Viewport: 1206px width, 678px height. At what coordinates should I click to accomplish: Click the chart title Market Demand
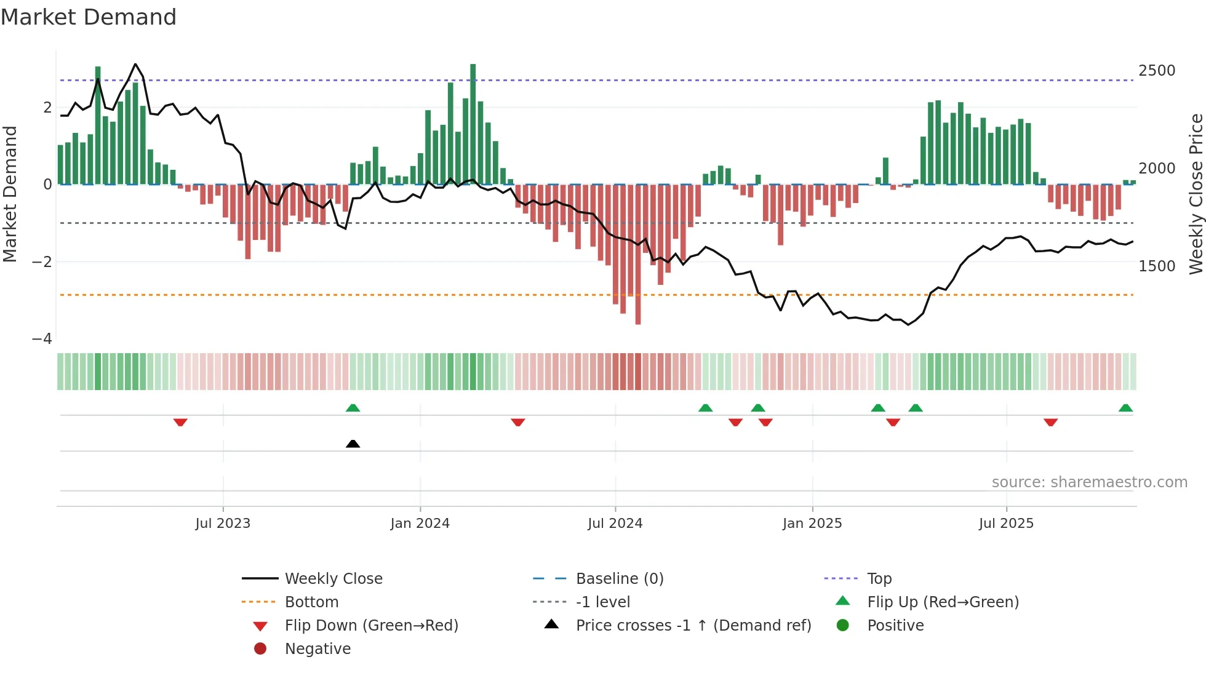pyautogui.click(x=89, y=17)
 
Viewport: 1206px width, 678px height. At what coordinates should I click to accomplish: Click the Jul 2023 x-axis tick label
pyautogui.click(x=223, y=524)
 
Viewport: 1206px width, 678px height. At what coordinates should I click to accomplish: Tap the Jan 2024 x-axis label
pyautogui.click(x=420, y=524)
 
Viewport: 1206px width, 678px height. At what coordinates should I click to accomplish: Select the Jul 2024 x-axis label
pyautogui.click(x=615, y=524)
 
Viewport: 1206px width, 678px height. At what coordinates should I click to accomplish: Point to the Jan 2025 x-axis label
pyautogui.click(x=812, y=524)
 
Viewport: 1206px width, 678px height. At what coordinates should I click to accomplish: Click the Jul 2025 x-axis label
pyautogui.click(x=1006, y=524)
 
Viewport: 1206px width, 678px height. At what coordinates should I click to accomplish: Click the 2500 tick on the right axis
pyautogui.click(x=1157, y=71)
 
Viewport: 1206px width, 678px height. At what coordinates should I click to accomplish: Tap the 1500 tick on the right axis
pyautogui.click(x=1157, y=266)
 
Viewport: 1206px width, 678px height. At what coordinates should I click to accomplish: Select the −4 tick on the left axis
pyautogui.click(x=42, y=339)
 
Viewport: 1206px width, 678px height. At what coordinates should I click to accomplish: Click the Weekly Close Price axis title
pyautogui.click(x=1196, y=194)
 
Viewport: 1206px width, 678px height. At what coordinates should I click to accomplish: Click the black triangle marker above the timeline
pyautogui.click(x=353, y=444)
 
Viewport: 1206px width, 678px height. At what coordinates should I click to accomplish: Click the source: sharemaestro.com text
pyautogui.click(x=1089, y=482)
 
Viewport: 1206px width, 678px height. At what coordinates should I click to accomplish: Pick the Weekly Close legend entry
pyautogui.click(x=333, y=579)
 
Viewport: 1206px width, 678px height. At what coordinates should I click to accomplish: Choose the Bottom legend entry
pyautogui.click(x=311, y=602)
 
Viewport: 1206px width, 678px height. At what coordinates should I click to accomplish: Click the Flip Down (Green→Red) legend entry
pyautogui.click(x=371, y=626)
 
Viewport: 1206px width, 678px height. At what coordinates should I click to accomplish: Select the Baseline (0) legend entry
pyautogui.click(x=619, y=579)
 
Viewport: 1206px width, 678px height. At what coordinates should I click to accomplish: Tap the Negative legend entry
pyautogui.click(x=317, y=649)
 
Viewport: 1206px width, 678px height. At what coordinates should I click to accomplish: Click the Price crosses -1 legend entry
pyautogui.click(x=693, y=626)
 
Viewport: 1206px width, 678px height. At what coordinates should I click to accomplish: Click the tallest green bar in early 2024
pyautogui.click(x=473, y=123)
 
